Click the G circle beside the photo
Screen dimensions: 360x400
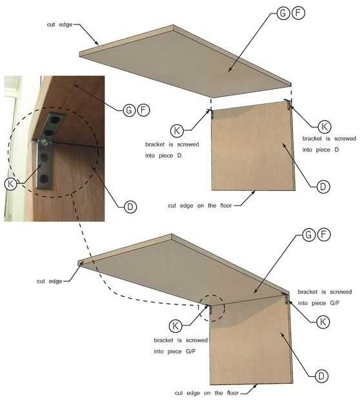pos(129,110)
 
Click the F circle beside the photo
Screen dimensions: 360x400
pos(143,110)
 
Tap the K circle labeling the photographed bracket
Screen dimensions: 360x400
pos(11,184)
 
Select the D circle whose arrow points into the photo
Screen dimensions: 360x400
pos(130,206)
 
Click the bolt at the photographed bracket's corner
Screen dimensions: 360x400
pos(45,142)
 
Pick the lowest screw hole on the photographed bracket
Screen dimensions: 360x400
pos(45,178)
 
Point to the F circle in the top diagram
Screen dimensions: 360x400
pos(298,13)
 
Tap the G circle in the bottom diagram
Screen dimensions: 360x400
pos(309,234)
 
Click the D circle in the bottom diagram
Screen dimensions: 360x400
pos(321,375)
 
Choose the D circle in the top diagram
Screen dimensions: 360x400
pos(323,186)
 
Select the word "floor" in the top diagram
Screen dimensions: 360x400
pos(226,206)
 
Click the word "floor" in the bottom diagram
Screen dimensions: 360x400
pos(233,393)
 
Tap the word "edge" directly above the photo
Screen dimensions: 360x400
pos(66,25)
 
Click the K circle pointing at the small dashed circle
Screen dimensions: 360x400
pos(175,326)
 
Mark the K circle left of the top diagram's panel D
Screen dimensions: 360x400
pos(177,130)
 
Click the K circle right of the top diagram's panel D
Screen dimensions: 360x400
pos(325,126)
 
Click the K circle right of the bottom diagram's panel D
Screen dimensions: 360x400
pos(323,322)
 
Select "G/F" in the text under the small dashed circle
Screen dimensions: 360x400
pos(190,352)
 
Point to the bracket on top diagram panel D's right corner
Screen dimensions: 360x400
pos(288,104)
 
